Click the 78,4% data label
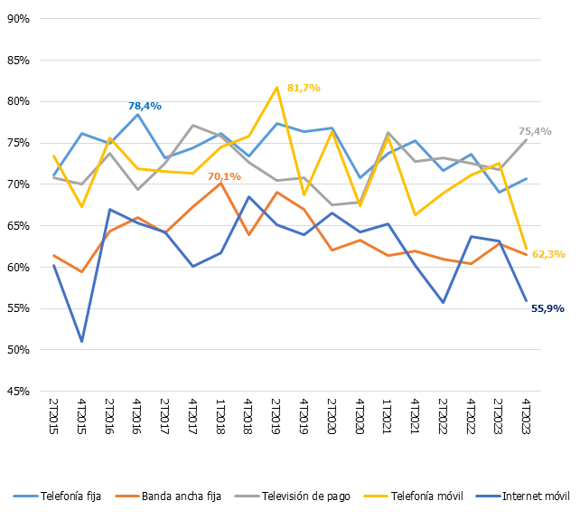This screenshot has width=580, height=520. click(145, 106)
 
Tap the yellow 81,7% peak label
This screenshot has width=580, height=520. click(304, 88)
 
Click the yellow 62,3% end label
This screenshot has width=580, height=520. click(547, 254)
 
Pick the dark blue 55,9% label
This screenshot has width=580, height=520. click(547, 308)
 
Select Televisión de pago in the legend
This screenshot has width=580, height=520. click(299, 495)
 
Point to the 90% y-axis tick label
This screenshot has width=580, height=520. click(18, 18)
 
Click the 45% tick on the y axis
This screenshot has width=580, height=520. click(18, 392)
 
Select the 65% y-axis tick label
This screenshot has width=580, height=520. click(18, 225)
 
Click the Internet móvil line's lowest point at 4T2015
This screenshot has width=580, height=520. click(82, 341)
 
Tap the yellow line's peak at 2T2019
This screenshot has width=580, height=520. click(276, 88)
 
